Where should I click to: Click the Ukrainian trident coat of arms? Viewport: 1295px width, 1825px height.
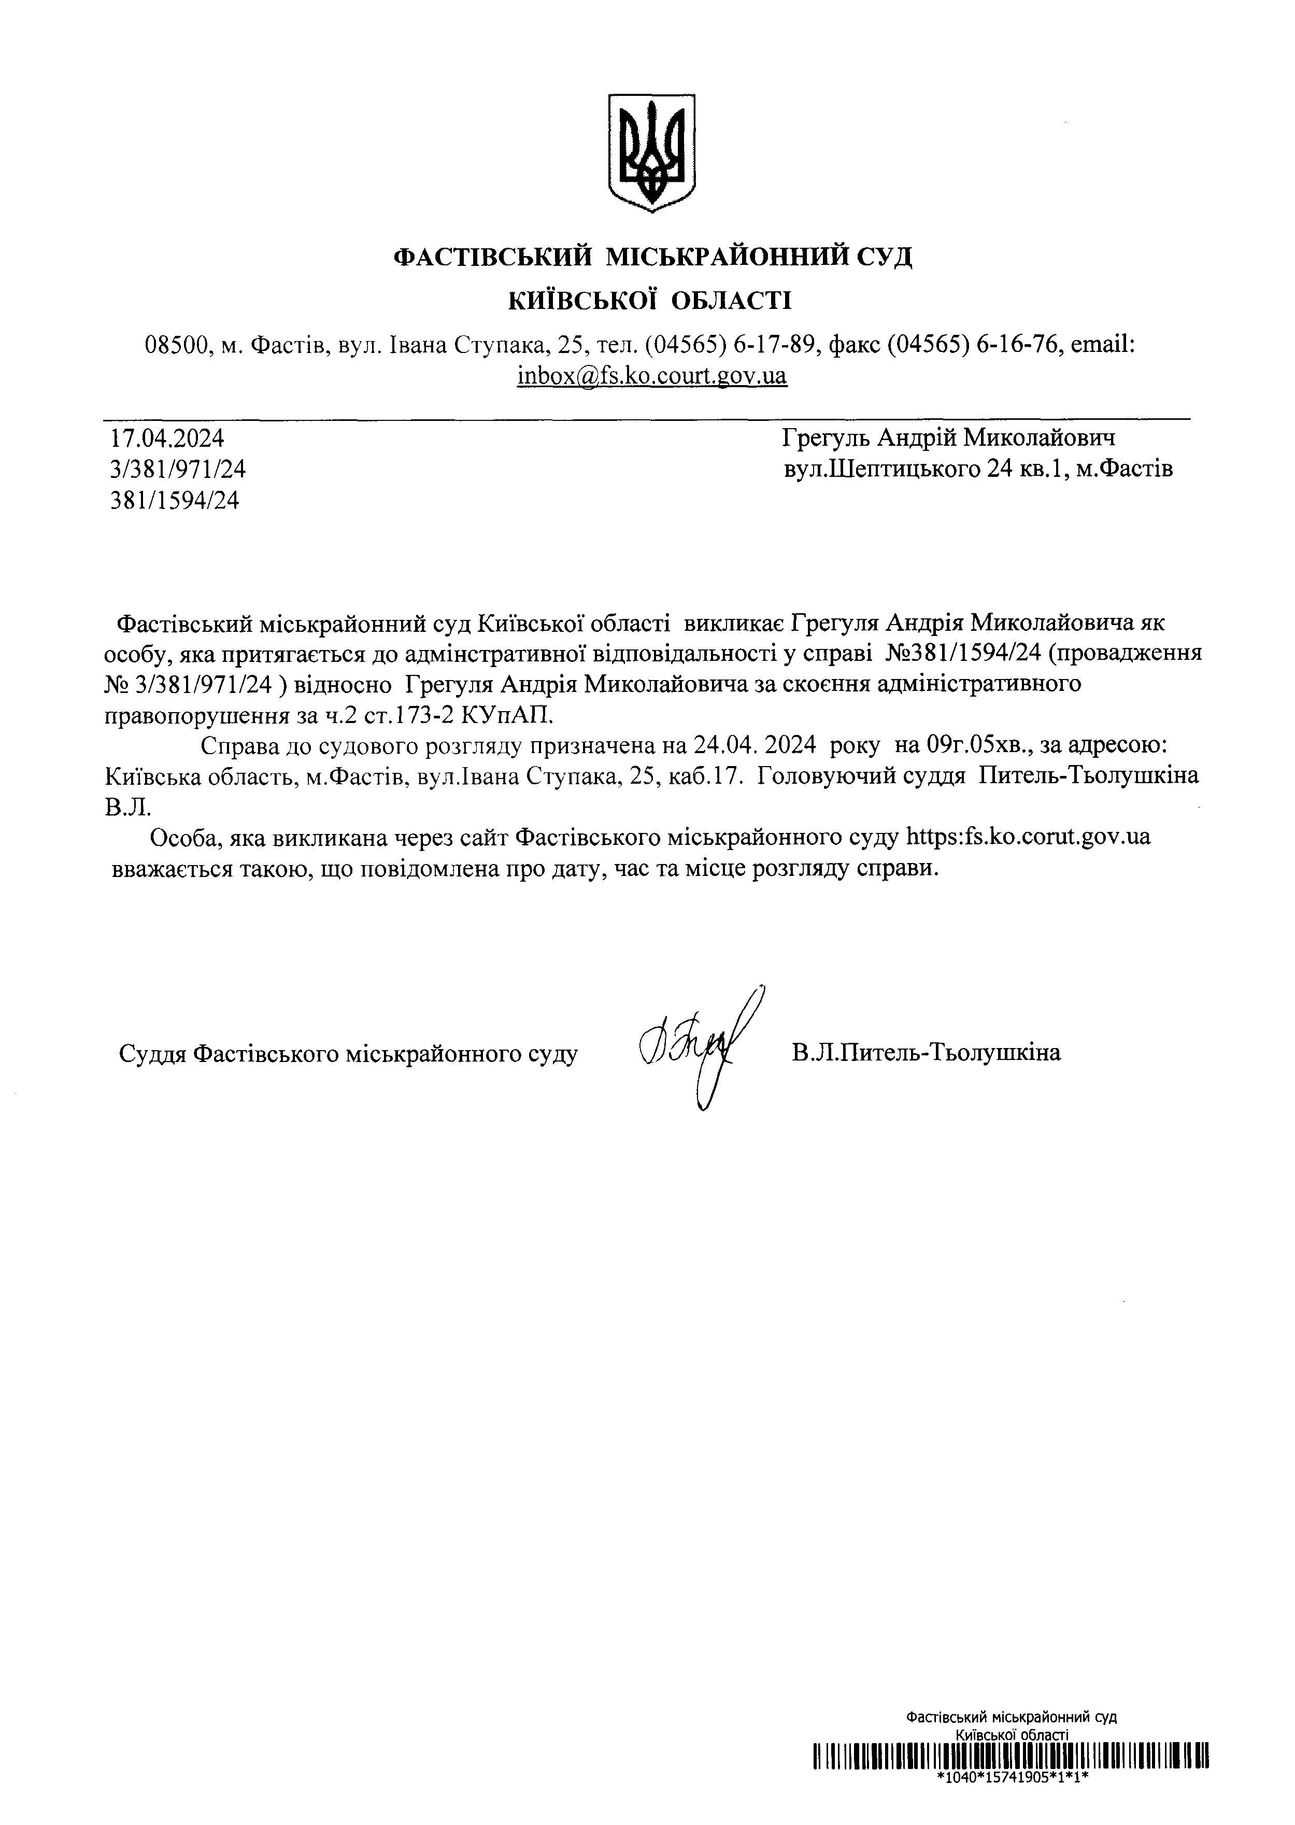(651, 152)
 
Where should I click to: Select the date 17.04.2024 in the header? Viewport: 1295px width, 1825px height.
(167, 438)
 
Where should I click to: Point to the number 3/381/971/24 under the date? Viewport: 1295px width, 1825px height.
(178, 469)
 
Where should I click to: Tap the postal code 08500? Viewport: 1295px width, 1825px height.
(178, 345)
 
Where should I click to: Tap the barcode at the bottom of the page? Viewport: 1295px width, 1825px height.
(1011, 1779)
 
